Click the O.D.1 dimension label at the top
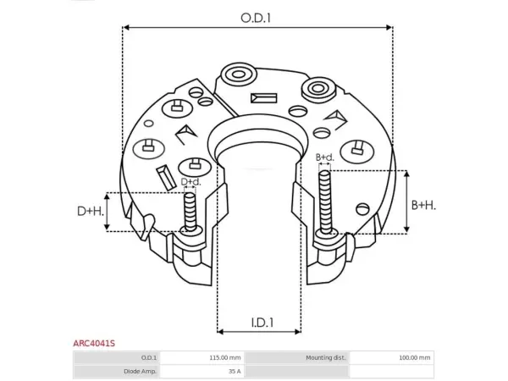(x=256, y=18)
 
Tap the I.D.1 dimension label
(x=262, y=323)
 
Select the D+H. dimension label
(x=91, y=211)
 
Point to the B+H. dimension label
(x=423, y=206)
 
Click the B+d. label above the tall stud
(x=324, y=157)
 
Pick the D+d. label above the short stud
(x=190, y=182)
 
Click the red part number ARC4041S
(x=94, y=343)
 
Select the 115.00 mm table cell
(x=225, y=357)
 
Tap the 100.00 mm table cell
(x=414, y=357)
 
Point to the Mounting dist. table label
(x=326, y=357)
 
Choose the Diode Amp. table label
(x=140, y=372)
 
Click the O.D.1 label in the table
(x=149, y=357)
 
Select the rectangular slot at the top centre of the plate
(x=263, y=98)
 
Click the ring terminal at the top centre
(x=239, y=75)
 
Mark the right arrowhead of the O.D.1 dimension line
(x=389, y=27)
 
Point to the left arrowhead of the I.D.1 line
(x=221, y=331)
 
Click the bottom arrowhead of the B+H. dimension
(x=407, y=229)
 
